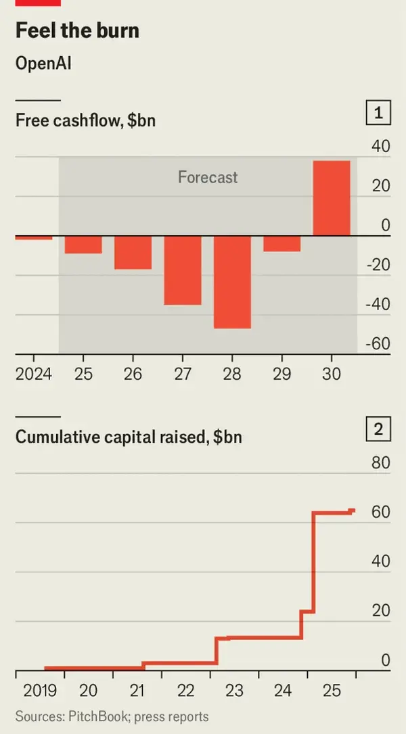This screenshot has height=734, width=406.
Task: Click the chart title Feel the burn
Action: [77, 31]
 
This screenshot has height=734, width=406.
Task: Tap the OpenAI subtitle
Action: [43, 64]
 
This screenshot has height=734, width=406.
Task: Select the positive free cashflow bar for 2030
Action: [331, 198]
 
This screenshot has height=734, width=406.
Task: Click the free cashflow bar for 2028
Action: [232, 282]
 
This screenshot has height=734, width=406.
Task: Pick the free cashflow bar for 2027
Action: [183, 270]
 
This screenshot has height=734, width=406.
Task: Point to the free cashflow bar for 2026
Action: [133, 253]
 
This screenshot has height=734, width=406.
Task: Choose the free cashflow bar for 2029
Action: [281, 243]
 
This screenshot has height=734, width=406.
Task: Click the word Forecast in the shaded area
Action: [208, 178]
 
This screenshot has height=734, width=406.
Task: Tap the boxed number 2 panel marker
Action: [378, 429]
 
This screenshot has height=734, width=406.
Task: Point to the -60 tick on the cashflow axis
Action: [378, 343]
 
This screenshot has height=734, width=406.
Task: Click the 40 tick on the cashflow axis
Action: [381, 146]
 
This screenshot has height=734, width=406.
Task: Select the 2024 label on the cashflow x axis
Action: [33, 374]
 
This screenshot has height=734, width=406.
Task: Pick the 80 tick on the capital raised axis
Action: [381, 463]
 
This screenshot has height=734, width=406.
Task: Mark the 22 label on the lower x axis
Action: [185, 691]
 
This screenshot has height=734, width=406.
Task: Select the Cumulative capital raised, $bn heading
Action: [129, 437]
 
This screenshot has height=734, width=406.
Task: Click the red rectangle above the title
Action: [38, 3]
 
